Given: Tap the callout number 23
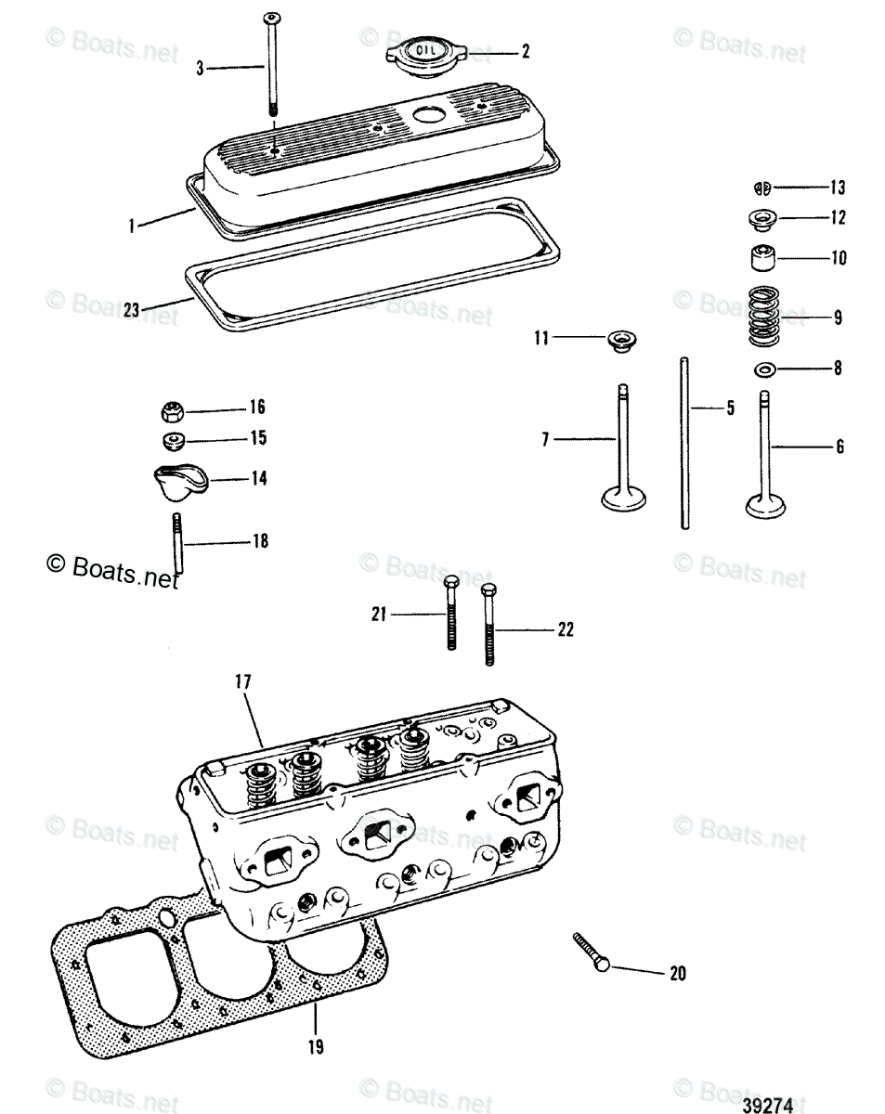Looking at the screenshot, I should [131, 310].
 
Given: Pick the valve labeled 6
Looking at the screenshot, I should [767, 455].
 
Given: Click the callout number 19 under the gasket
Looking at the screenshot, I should [316, 1047].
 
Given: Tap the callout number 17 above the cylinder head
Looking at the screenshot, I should [242, 681].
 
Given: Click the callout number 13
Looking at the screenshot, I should [838, 188].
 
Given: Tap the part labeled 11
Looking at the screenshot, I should [618, 340].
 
